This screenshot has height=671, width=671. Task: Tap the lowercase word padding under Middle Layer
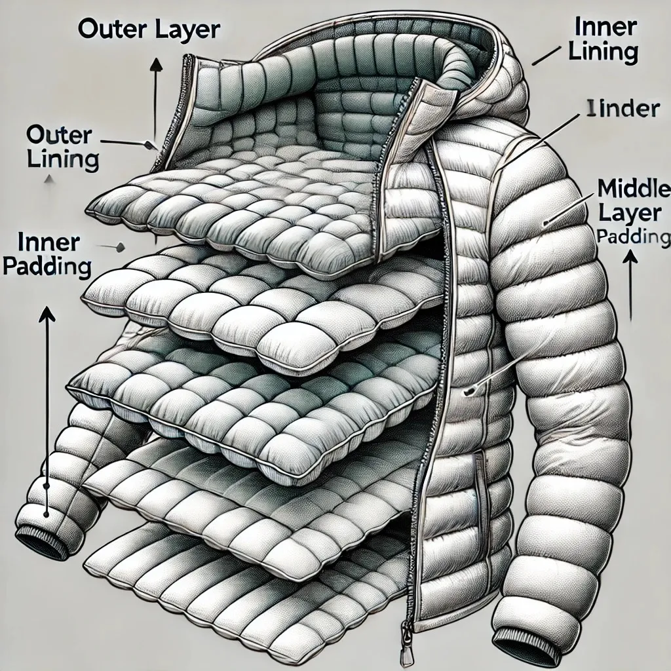(633, 237)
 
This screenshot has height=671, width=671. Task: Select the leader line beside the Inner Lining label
(543, 56)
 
